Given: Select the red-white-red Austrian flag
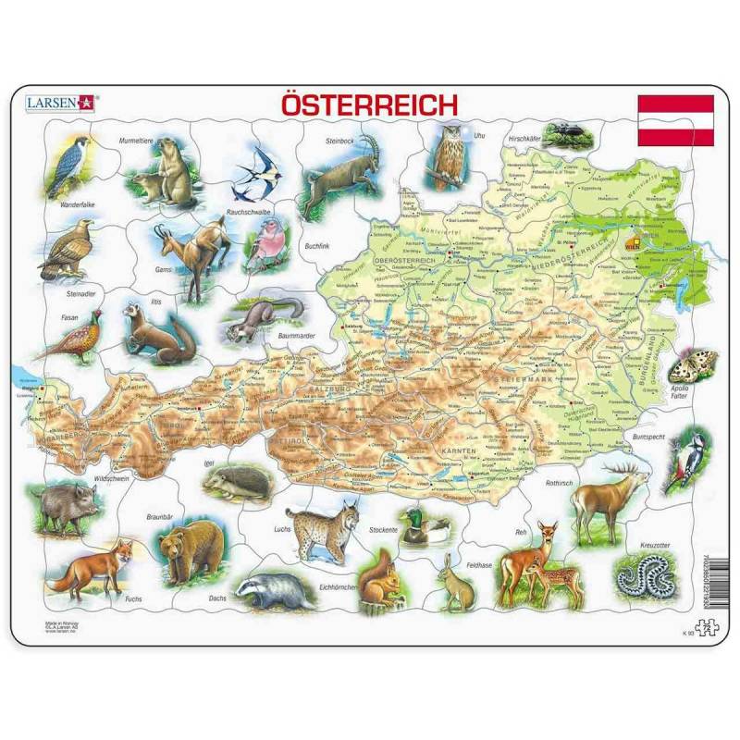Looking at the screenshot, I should pyautogui.click(x=676, y=120).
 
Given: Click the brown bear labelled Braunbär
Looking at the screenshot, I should pyautogui.click(x=190, y=550).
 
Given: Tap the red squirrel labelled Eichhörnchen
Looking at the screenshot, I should pyautogui.click(x=379, y=579).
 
